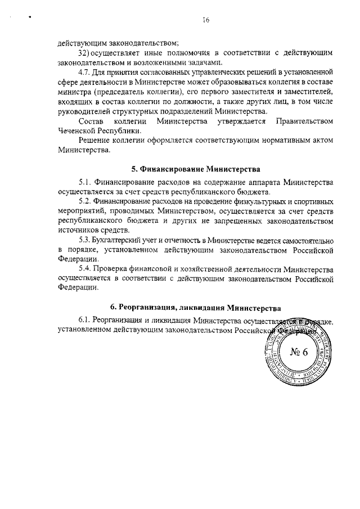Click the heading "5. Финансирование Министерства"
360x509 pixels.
point(196,169)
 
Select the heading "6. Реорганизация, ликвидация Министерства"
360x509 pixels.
point(196,308)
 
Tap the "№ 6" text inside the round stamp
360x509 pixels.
point(299,353)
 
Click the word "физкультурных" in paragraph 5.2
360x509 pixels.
point(248,201)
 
